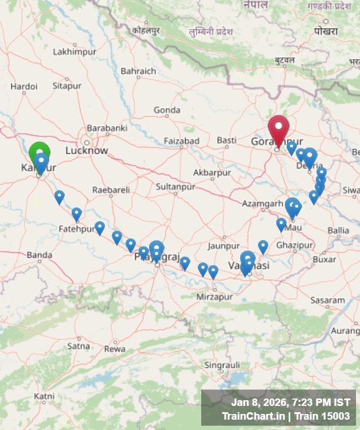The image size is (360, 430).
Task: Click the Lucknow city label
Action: coord(87,151)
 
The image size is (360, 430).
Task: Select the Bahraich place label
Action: coord(138,71)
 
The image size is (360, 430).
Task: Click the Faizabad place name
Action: coord(182,140)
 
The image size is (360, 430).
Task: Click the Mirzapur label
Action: coord(215,297)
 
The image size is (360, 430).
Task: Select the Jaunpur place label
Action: coord(224,246)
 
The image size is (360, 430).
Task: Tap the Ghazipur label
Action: coord(295,245)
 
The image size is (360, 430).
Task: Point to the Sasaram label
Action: coord(328,300)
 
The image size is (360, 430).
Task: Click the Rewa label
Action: coord(115,349)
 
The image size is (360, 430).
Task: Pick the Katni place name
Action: coord(44,396)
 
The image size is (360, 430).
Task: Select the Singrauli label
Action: coord(222,365)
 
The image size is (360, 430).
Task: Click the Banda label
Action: coord(40,255)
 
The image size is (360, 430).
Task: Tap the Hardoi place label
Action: coord(24,87)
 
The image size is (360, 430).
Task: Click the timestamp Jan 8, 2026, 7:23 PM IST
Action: coord(290,402)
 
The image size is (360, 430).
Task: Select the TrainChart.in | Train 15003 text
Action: coord(285,416)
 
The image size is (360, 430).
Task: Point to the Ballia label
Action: coord(338,230)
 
